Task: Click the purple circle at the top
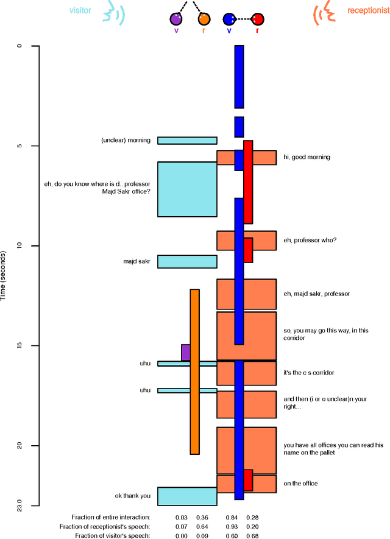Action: pyautogui.click(x=176, y=19)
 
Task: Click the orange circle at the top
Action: pyautogui.click(x=204, y=19)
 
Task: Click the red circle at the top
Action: pyautogui.click(x=257, y=19)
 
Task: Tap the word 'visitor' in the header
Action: pyautogui.click(x=81, y=10)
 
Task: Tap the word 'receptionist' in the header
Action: pyautogui.click(x=367, y=10)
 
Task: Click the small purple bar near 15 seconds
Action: pyautogui.click(x=185, y=353)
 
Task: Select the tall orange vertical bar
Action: pyautogui.click(x=194, y=372)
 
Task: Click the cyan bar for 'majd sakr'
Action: pyautogui.click(x=187, y=261)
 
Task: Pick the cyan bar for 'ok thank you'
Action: pyautogui.click(x=187, y=496)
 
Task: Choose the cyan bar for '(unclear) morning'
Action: pyautogui.click(x=187, y=140)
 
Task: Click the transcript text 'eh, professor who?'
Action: pyautogui.click(x=310, y=240)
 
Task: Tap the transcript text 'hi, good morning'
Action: pyautogui.click(x=307, y=157)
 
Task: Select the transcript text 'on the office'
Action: pyautogui.click(x=301, y=484)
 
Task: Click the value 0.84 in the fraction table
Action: pyautogui.click(x=232, y=517)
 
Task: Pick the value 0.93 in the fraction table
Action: pyautogui.click(x=232, y=526)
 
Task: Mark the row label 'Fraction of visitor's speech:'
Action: pyautogui.click(x=112, y=536)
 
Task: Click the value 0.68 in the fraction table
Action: pyautogui.click(x=252, y=536)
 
